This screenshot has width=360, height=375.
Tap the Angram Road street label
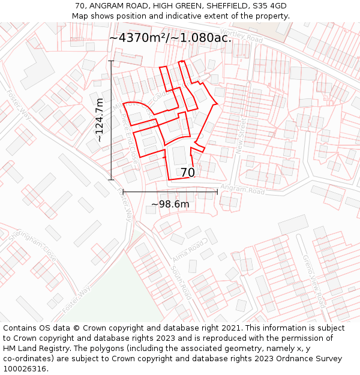point(242,190)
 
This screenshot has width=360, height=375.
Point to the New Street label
point(241,136)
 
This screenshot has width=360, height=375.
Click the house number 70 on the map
point(187,173)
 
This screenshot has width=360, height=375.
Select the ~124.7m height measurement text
point(100,120)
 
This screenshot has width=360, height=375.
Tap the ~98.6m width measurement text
point(170,205)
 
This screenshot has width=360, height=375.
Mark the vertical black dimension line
point(111,120)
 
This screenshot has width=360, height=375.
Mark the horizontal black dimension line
point(170,192)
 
